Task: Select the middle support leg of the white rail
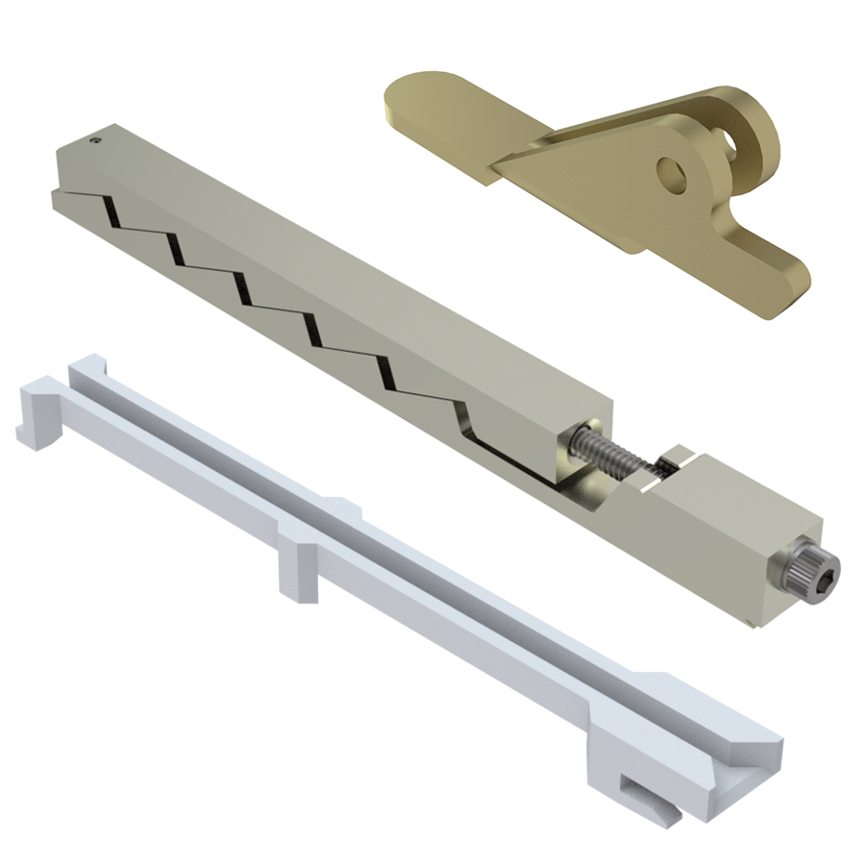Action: click(297, 571)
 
